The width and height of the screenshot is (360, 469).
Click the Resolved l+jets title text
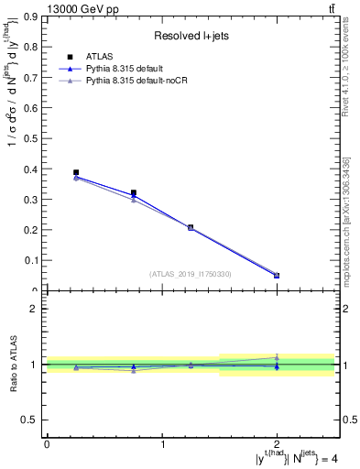pyautogui.click(x=190, y=37)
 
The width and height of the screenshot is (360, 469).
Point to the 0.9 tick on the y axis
pyautogui.click(x=34, y=16)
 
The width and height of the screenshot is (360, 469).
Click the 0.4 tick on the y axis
pyautogui.click(x=34, y=169)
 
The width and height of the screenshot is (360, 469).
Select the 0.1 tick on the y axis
pyautogui.click(x=34, y=261)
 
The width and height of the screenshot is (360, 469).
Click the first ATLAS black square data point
pyautogui.click(x=76, y=172)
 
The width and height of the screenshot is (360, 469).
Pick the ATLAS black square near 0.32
pyautogui.click(x=134, y=193)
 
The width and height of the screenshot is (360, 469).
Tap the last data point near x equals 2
pyautogui.click(x=277, y=276)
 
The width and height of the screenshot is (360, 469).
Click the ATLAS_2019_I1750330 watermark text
pyautogui.click(x=191, y=273)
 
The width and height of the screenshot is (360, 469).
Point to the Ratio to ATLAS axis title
pyautogui.click(x=14, y=364)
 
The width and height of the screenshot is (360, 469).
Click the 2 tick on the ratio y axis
pyautogui.click(x=36, y=309)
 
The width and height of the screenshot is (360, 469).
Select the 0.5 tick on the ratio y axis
pyautogui.click(x=34, y=420)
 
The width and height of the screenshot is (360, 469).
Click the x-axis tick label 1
pyautogui.click(x=163, y=444)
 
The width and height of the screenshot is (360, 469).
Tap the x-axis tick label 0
pyautogui.click(x=47, y=444)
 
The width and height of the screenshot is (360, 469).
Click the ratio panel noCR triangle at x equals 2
pyautogui.click(x=277, y=357)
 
